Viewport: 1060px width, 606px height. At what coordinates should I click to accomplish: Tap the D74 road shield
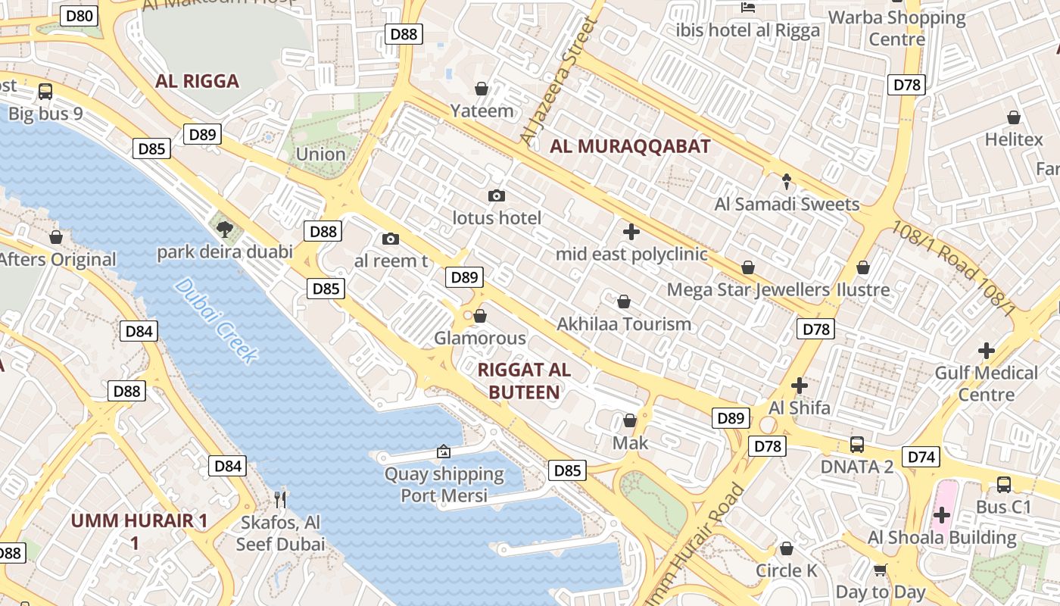point(921,457)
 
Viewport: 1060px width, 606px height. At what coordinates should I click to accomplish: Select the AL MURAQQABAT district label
point(630,147)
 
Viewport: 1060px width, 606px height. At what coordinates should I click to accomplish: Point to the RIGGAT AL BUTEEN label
point(524,381)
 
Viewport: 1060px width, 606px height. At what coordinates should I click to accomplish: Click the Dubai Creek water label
point(217,320)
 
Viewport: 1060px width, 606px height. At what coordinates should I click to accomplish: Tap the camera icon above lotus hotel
point(497,196)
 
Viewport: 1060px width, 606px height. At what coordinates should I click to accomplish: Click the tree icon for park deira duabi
point(224,229)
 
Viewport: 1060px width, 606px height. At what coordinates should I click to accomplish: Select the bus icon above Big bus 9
point(45,92)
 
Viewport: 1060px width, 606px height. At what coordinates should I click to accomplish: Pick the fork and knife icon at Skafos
point(281,498)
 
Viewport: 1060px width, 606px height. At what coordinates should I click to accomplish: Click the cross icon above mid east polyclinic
point(631,232)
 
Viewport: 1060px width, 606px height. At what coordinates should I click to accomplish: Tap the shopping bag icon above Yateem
point(481,89)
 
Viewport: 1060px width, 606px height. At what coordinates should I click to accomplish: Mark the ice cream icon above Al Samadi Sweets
point(787,182)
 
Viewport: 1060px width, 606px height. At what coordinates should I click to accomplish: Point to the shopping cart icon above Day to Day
point(880,570)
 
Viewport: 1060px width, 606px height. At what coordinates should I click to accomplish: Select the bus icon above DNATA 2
point(857,445)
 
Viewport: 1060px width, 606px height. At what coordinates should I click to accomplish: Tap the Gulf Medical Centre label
point(986,383)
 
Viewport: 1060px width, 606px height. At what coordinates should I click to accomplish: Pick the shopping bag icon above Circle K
point(787,548)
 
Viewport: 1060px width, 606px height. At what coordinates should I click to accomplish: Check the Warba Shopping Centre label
point(897,28)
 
